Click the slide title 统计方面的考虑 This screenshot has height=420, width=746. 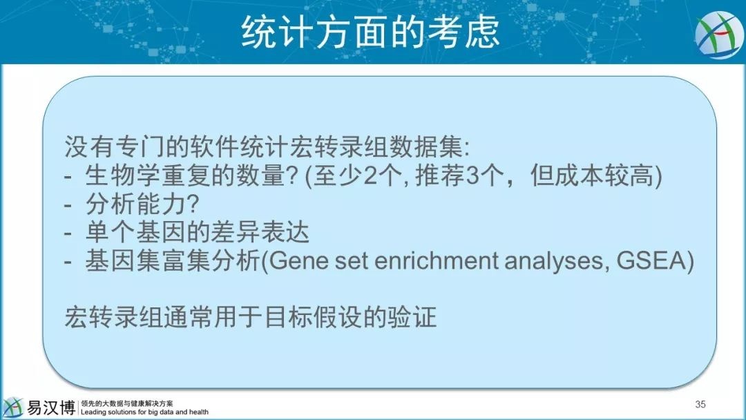point(371,32)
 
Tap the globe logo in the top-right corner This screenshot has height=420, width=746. point(719,35)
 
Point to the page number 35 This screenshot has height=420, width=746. point(700,404)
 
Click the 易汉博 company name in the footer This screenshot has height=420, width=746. point(50,408)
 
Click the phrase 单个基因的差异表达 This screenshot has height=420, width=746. point(198,233)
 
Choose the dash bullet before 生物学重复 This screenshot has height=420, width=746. point(68,178)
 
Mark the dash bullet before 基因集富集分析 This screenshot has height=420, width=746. point(68,262)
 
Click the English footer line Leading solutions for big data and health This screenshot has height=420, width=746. point(144,412)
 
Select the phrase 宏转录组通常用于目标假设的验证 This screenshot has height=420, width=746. point(250,317)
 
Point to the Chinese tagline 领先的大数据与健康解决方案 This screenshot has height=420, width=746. point(127,403)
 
